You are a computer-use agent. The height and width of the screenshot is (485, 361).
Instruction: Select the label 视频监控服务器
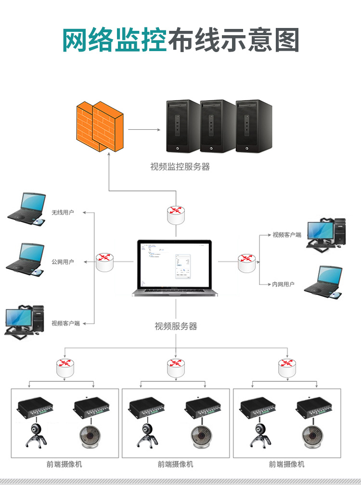[180, 167]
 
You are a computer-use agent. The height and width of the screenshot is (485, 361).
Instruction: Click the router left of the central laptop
[104, 262]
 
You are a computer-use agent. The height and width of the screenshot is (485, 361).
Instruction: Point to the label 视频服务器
[176, 326]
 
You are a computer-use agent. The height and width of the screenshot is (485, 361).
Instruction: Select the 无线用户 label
[63, 212]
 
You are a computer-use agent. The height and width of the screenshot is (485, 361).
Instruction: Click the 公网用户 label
[63, 262]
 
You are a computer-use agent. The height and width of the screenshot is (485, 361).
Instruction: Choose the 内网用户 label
[283, 284]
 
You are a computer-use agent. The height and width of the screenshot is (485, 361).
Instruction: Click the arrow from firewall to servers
[144, 129]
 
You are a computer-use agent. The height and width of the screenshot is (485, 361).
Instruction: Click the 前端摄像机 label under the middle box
[176, 464]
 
